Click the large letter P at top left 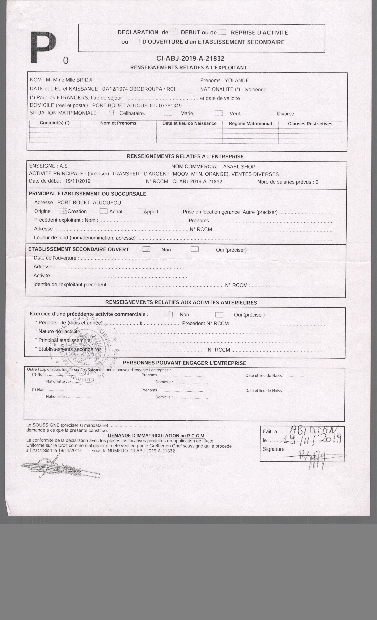[43, 48]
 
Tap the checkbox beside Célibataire [109, 113]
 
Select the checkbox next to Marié [168, 113]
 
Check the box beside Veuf [219, 113]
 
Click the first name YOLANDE [237, 80]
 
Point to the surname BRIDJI [84, 80]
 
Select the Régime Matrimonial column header [250, 124]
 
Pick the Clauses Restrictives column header [310, 124]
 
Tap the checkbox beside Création [63, 211]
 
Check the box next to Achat [103, 211]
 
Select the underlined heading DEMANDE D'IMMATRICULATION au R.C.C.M [156, 436]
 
